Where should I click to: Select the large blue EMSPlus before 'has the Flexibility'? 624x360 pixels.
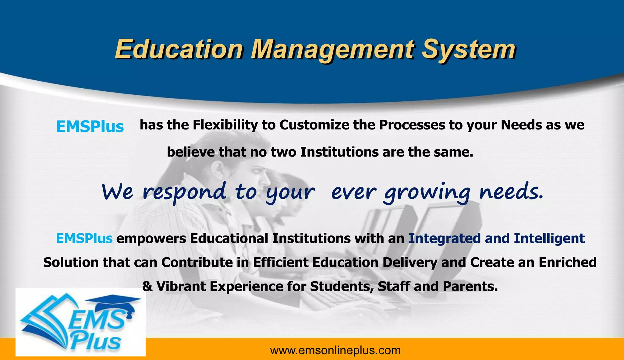coord(90,127)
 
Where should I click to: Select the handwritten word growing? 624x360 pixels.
coord(427,192)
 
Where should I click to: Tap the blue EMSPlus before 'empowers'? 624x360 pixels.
coord(84,238)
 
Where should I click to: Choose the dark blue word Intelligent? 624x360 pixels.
coord(549,238)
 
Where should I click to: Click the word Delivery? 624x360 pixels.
coord(410,263)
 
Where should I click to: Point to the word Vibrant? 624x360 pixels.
coord(181,287)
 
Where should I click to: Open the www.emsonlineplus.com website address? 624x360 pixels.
coord(335,351)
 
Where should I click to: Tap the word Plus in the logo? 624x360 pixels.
coord(96,341)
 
